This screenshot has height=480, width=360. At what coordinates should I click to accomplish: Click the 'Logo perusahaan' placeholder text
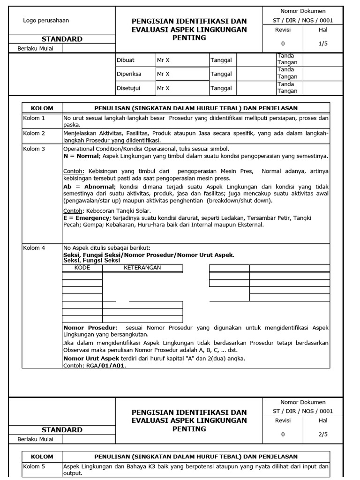46,20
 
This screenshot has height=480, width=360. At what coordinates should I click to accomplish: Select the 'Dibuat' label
125,60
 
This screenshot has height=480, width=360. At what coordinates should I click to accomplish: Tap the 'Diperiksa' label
129,74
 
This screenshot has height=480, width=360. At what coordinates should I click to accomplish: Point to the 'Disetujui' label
128,88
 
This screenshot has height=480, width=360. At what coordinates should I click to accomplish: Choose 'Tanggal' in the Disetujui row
221,88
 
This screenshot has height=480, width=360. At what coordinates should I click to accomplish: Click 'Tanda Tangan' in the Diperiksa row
287,74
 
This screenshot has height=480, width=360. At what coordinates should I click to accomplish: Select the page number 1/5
323,43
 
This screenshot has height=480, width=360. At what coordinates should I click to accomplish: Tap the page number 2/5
323,434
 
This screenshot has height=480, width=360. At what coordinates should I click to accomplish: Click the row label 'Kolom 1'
34,118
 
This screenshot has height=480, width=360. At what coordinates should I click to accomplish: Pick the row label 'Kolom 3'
34,149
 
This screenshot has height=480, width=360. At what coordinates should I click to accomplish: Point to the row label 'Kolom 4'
34,247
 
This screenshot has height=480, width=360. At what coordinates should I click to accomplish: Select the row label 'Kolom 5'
34,467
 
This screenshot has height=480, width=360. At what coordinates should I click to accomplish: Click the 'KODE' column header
82,268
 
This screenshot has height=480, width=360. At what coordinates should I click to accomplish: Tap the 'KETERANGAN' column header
142,268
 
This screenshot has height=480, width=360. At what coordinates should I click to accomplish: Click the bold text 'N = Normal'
81,156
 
